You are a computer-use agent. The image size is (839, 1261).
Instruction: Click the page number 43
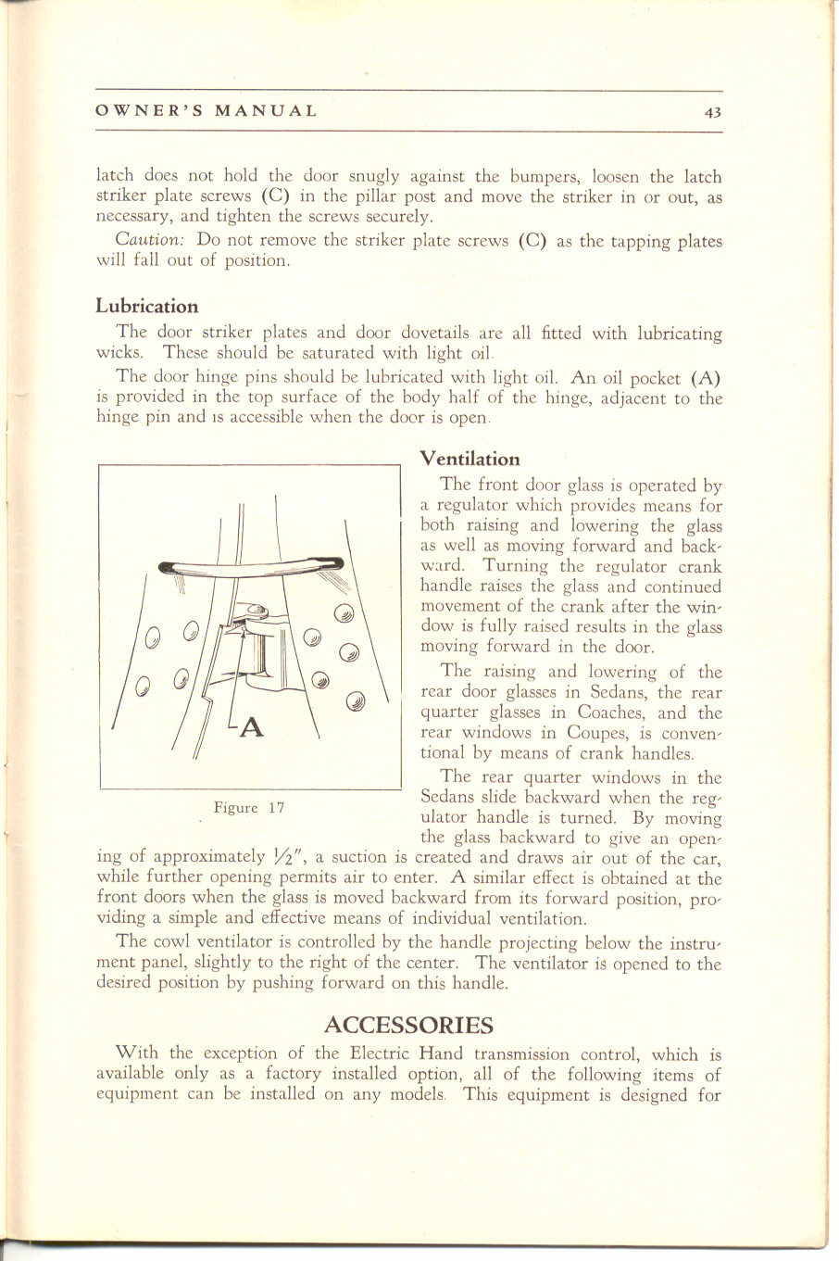[x=712, y=112]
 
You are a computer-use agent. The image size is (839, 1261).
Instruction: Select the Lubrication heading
[x=147, y=306]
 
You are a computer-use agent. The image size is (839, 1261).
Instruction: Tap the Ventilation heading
[x=470, y=459]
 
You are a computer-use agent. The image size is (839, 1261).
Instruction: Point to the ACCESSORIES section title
[x=408, y=1025]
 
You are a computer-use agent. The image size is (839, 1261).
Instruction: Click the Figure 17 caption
[x=248, y=808]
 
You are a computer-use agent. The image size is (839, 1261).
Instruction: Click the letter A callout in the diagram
[x=252, y=728]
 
